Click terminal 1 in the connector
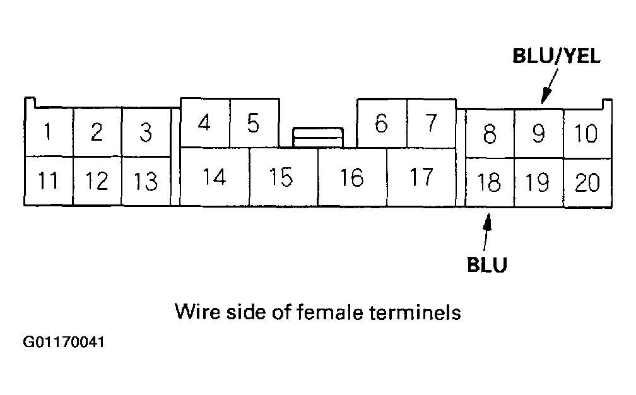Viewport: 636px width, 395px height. (48, 133)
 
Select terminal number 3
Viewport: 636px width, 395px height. (146, 133)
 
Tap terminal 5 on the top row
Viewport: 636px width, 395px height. (254, 123)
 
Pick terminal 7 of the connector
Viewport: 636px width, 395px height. (431, 123)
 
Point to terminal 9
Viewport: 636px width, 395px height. (538, 133)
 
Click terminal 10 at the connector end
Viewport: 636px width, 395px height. (587, 133)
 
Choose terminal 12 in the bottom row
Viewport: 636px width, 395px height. (97, 182)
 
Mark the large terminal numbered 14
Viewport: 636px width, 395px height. (215, 177)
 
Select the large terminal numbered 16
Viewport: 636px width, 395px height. (352, 177)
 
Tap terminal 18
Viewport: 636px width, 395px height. (489, 182)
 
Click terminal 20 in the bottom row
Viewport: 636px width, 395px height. (587, 182)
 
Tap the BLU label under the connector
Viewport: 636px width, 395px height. (487, 264)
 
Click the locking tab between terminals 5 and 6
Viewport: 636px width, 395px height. (318, 136)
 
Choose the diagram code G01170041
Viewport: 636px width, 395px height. (64, 343)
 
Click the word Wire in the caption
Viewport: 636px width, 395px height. (196, 312)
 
